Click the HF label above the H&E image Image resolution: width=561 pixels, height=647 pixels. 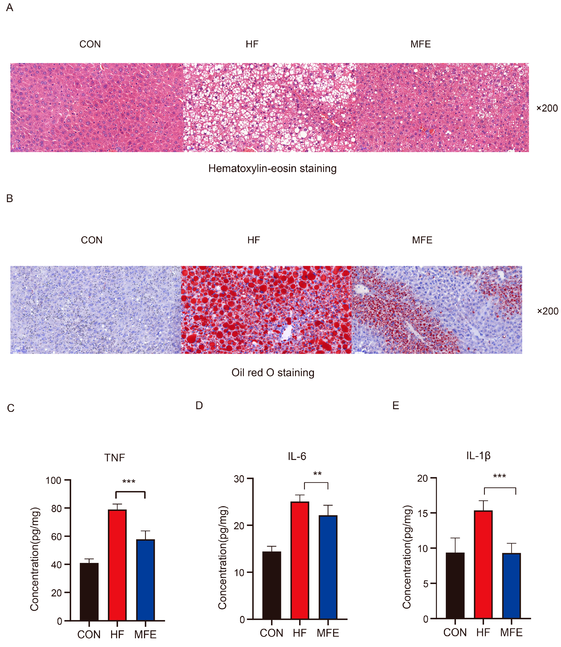[252, 44]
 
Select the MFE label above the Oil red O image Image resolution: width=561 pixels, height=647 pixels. [422, 240]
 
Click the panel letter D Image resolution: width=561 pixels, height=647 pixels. [199, 406]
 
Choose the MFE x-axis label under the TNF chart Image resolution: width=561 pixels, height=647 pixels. [145, 635]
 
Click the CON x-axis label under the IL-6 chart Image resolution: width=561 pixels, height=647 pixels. [271, 633]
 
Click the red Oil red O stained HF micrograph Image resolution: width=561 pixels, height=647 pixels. [266, 310]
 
